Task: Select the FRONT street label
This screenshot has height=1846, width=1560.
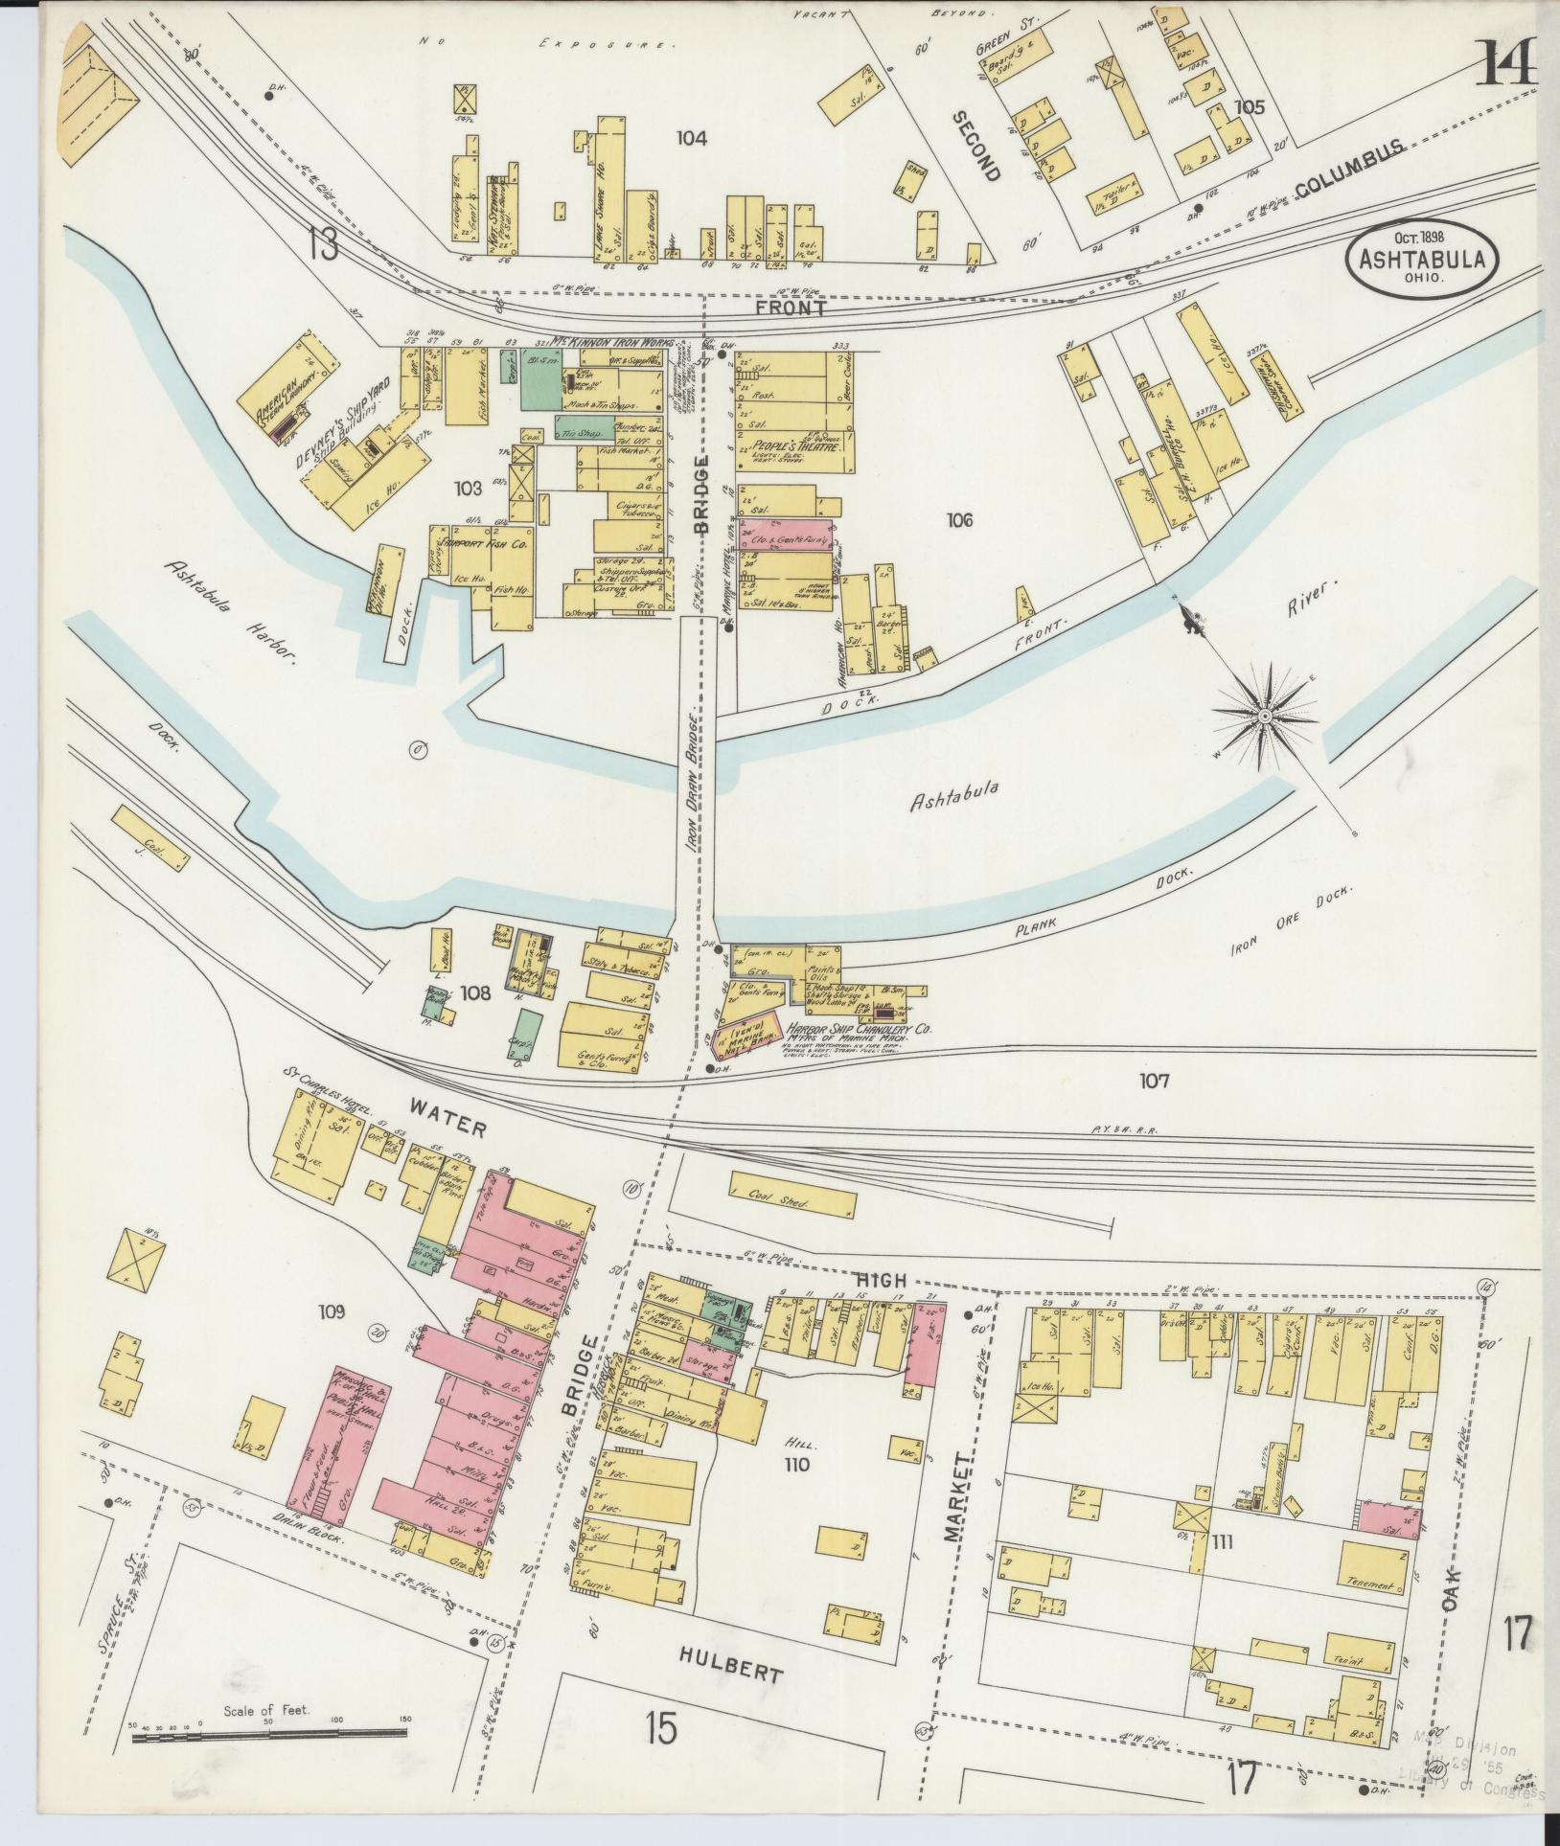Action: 791,308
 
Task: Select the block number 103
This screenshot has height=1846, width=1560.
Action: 468,489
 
